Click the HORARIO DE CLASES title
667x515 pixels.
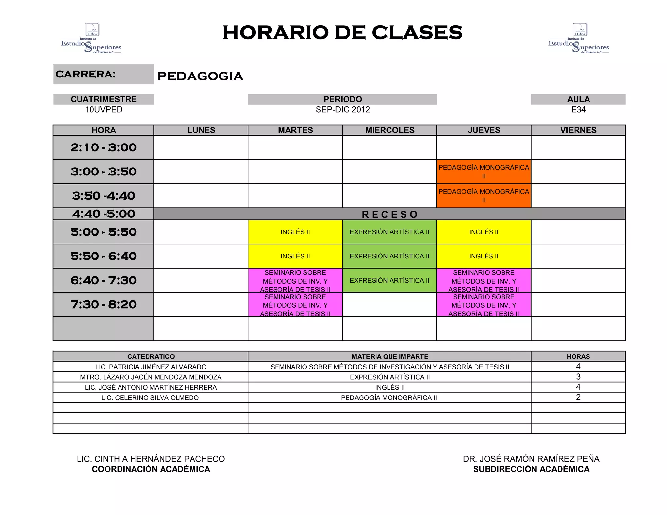coord(342,33)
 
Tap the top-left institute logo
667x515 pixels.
coord(91,38)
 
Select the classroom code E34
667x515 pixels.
coord(578,110)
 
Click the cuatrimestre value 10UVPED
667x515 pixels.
coord(104,110)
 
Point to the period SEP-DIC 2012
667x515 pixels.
coord(343,110)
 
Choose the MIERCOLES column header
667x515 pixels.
coord(390,130)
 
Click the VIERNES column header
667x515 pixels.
coord(578,130)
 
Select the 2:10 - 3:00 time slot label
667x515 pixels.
coord(104,147)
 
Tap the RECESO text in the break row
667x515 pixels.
coord(390,215)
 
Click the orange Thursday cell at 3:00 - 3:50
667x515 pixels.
coord(484,172)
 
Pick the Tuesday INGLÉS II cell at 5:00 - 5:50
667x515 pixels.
coord(295,232)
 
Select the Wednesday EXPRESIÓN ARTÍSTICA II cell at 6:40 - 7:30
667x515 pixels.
coord(390,280)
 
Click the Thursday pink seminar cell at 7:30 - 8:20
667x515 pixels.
coord(484,305)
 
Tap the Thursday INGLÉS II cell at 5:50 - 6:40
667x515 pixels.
coord(484,256)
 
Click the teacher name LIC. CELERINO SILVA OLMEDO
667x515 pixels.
coord(150,398)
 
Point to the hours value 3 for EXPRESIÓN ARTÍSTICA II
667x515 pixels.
coord(578,377)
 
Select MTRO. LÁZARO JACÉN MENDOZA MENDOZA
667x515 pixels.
coord(151,377)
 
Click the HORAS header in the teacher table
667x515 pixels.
coord(578,356)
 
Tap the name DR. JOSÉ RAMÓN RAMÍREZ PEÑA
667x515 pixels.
coord(531,459)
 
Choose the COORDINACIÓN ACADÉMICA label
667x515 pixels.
coord(151,469)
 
